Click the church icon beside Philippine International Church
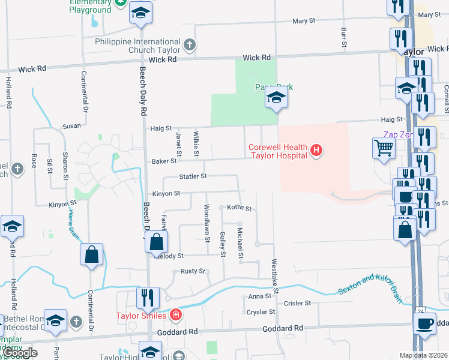pyautogui.click(x=189, y=44)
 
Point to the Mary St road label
pyautogui.click(x=304, y=21)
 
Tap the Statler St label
pyautogui.click(x=193, y=176)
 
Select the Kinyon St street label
pyautogui.click(x=166, y=193)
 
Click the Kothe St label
pyautogui.click(x=238, y=208)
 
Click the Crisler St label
pyautogui.click(x=297, y=304)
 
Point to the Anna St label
pyautogui.click(x=260, y=296)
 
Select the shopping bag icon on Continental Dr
pyautogui.click(x=91, y=254)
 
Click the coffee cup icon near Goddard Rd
pyautogui.click(x=425, y=323)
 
